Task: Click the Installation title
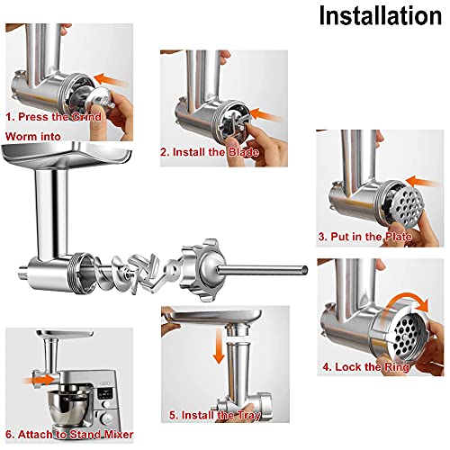[x=381, y=15]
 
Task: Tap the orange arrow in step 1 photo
[x=110, y=79]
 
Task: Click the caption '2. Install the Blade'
[x=210, y=152]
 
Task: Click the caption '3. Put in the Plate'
[x=364, y=237]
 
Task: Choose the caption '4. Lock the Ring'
[x=366, y=367]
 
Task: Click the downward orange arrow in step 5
[x=219, y=346]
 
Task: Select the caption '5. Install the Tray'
[x=215, y=415]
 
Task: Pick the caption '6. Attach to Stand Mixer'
[x=69, y=435]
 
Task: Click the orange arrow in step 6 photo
[x=39, y=380]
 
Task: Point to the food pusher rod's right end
[x=306, y=270]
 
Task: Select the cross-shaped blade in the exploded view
[x=144, y=273]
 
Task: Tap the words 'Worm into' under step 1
[x=33, y=137]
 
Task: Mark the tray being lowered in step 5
[x=212, y=318]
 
